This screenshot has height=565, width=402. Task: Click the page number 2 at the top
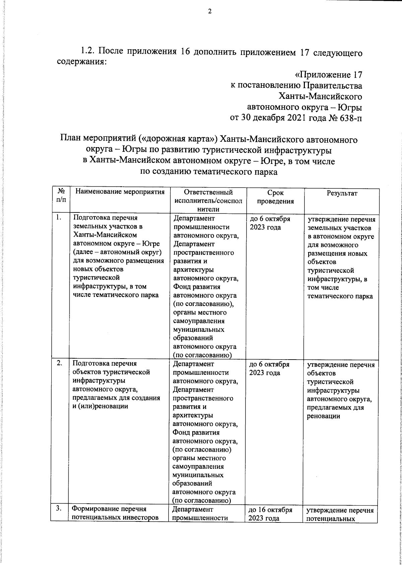coord(210,11)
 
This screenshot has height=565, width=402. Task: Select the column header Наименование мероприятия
coord(120,192)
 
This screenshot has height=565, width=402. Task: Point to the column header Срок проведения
coord(275,197)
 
